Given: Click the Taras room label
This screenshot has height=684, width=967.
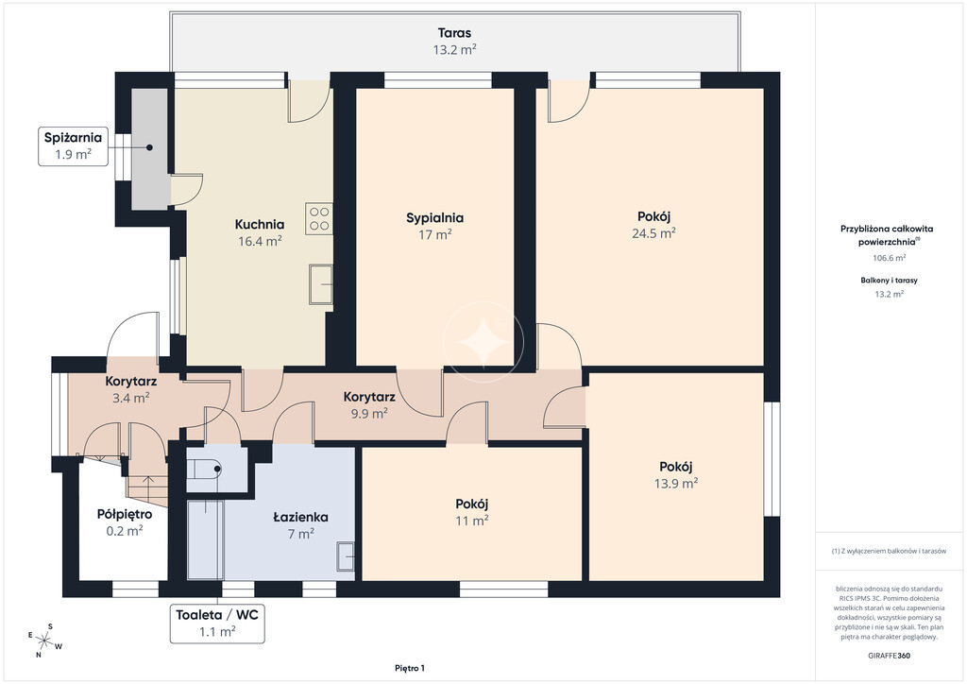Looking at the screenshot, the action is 454,33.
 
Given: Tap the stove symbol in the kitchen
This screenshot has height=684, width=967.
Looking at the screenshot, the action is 319,219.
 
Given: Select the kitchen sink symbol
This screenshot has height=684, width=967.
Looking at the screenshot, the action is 321,284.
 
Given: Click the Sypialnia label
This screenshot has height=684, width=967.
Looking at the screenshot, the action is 434,217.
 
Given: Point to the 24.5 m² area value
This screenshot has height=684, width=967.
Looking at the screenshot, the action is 653,233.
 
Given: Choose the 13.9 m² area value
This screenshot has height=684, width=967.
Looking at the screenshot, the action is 676,484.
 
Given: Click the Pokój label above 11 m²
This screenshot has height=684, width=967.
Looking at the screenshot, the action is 472,504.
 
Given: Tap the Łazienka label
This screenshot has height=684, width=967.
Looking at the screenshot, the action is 300,517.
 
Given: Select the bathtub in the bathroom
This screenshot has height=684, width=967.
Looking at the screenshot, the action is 205,539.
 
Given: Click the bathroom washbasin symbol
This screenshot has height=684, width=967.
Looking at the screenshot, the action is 346,556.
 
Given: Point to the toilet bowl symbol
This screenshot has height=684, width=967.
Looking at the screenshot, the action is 205,469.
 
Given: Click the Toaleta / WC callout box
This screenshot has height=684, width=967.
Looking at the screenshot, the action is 218,623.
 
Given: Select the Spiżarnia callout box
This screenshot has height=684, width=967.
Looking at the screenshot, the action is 73,146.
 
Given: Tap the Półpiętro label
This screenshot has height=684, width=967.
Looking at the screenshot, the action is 125,514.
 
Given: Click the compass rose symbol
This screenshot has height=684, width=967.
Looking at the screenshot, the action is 44,641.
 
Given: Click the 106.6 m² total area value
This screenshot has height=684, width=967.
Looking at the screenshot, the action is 890,258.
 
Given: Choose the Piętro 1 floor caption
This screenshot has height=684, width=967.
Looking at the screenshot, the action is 410,668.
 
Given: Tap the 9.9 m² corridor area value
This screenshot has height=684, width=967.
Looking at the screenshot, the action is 369,413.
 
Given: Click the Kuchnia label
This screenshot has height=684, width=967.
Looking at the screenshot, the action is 260,225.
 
